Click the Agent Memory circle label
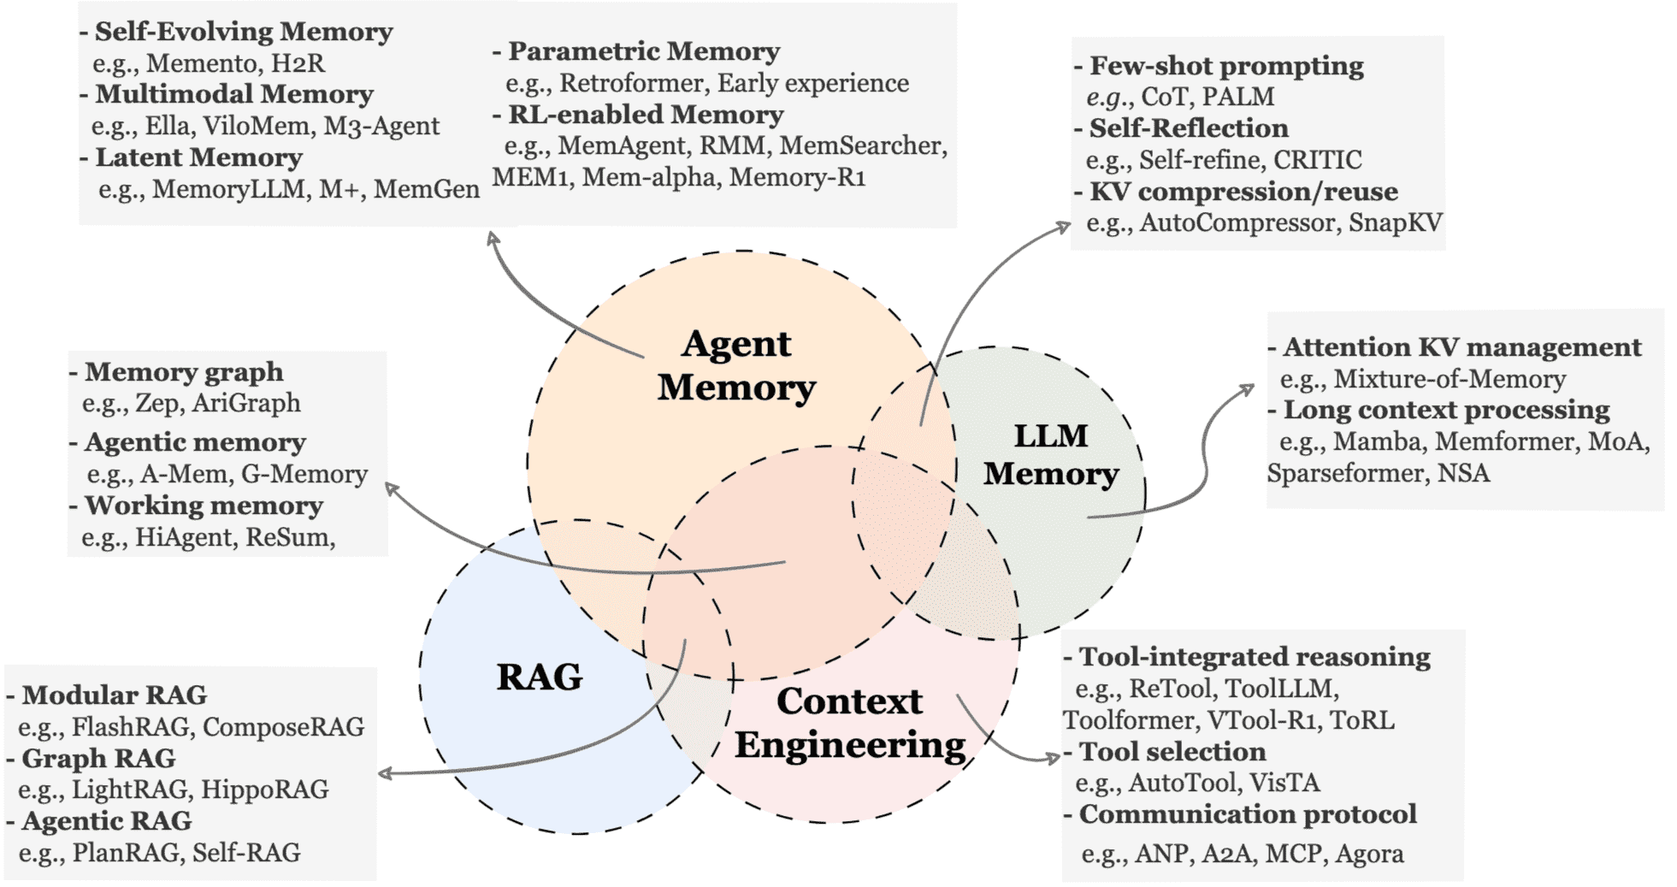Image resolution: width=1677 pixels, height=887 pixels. [x=736, y=365]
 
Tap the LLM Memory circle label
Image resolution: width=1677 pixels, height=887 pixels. [x=1051, y=454]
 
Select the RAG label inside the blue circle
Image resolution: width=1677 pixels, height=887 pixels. [x=540, y=677]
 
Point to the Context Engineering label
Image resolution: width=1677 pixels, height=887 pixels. [x=850, y=723]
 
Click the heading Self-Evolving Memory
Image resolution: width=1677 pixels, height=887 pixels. [x=243, y=32]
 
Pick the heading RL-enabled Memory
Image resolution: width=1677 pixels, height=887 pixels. [x=646, y=115]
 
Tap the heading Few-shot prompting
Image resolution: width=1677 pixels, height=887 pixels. [x=1226, y=66]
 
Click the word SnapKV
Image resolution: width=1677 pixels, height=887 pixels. [x=1395, y=223]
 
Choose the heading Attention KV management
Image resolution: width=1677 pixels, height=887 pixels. [x=1461, y=347]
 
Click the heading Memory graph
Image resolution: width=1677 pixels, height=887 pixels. [x=184, y=372]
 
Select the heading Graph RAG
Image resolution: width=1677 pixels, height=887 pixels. [x=98, y=758]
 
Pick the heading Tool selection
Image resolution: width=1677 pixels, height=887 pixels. [x=1172, y=752]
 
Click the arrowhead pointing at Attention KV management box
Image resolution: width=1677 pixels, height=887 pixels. [x=1250, y=389]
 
